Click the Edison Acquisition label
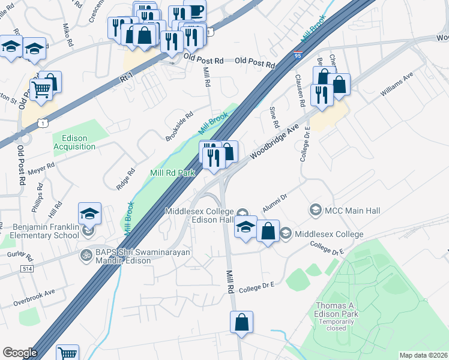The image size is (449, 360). point(70,142)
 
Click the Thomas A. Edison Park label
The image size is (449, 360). point(337,310)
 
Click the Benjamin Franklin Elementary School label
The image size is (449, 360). point(40,232)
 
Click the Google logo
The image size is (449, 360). point(20,353)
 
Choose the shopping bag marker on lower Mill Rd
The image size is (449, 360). point(241,322)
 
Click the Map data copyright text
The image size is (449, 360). point(423,355)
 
